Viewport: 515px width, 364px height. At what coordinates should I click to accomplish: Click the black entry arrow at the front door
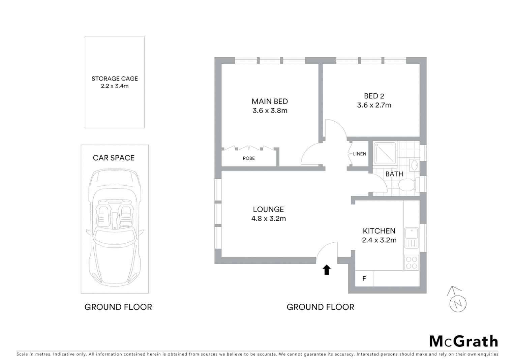click(326, 270)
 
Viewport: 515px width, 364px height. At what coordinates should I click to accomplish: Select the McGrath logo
click(463, 341)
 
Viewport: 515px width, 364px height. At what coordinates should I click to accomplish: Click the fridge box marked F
click(364, 279)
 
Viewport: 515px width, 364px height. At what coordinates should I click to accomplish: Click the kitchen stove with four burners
click(412, 263)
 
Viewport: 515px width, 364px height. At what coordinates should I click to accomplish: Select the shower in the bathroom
click(385, 153)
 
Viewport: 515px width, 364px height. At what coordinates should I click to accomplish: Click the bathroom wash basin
click(415, 165)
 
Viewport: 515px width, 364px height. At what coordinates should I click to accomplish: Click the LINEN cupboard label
click(359, 154)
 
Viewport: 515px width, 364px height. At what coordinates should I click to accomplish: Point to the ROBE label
click(249, 158)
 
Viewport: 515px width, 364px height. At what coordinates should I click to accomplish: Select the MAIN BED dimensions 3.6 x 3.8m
click(270, 111)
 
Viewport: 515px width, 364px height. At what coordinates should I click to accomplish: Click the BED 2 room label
click(374, 96)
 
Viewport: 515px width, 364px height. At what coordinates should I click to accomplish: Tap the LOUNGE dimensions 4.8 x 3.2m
click(268, 218)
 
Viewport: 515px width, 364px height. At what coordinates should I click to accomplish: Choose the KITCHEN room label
click(379, 231)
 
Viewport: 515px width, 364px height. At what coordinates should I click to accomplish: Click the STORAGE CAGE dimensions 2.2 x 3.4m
click(115, 86)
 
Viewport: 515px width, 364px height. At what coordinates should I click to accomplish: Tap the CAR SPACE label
click(114, 158)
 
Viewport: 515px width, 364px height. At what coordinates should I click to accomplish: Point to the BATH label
click(394, 174)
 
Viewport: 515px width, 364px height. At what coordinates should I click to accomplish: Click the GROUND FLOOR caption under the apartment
click(320, 307)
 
